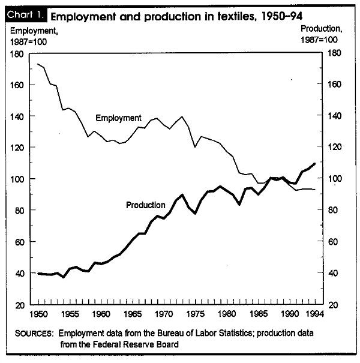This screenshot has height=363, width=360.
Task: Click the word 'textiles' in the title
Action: [237, 16]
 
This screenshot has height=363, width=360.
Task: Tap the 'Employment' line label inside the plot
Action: [118, 118]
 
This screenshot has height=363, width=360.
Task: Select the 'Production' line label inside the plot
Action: [146, 205]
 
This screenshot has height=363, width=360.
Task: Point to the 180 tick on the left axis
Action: [17, 54]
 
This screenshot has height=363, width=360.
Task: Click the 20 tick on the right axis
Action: [334, 305]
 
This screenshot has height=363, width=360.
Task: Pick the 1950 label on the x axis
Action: [38, 314]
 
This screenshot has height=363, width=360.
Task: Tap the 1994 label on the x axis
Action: [314, 314]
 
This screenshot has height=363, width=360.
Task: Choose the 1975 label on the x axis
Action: [196, 314]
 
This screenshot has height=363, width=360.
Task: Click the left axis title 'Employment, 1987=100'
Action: [34, 37]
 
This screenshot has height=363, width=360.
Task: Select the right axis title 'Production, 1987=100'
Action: [321, 34]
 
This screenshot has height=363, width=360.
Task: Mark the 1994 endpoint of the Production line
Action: [314, 164]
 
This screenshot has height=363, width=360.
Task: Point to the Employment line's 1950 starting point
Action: [38, 64]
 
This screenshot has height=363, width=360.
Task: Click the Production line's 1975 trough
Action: [196, 213]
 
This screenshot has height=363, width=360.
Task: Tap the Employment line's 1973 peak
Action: [182, 116]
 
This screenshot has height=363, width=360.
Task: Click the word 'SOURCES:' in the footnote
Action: [34, 334]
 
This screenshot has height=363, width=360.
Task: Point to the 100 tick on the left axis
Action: [17, 179]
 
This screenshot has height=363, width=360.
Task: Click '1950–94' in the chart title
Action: [282, 16]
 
